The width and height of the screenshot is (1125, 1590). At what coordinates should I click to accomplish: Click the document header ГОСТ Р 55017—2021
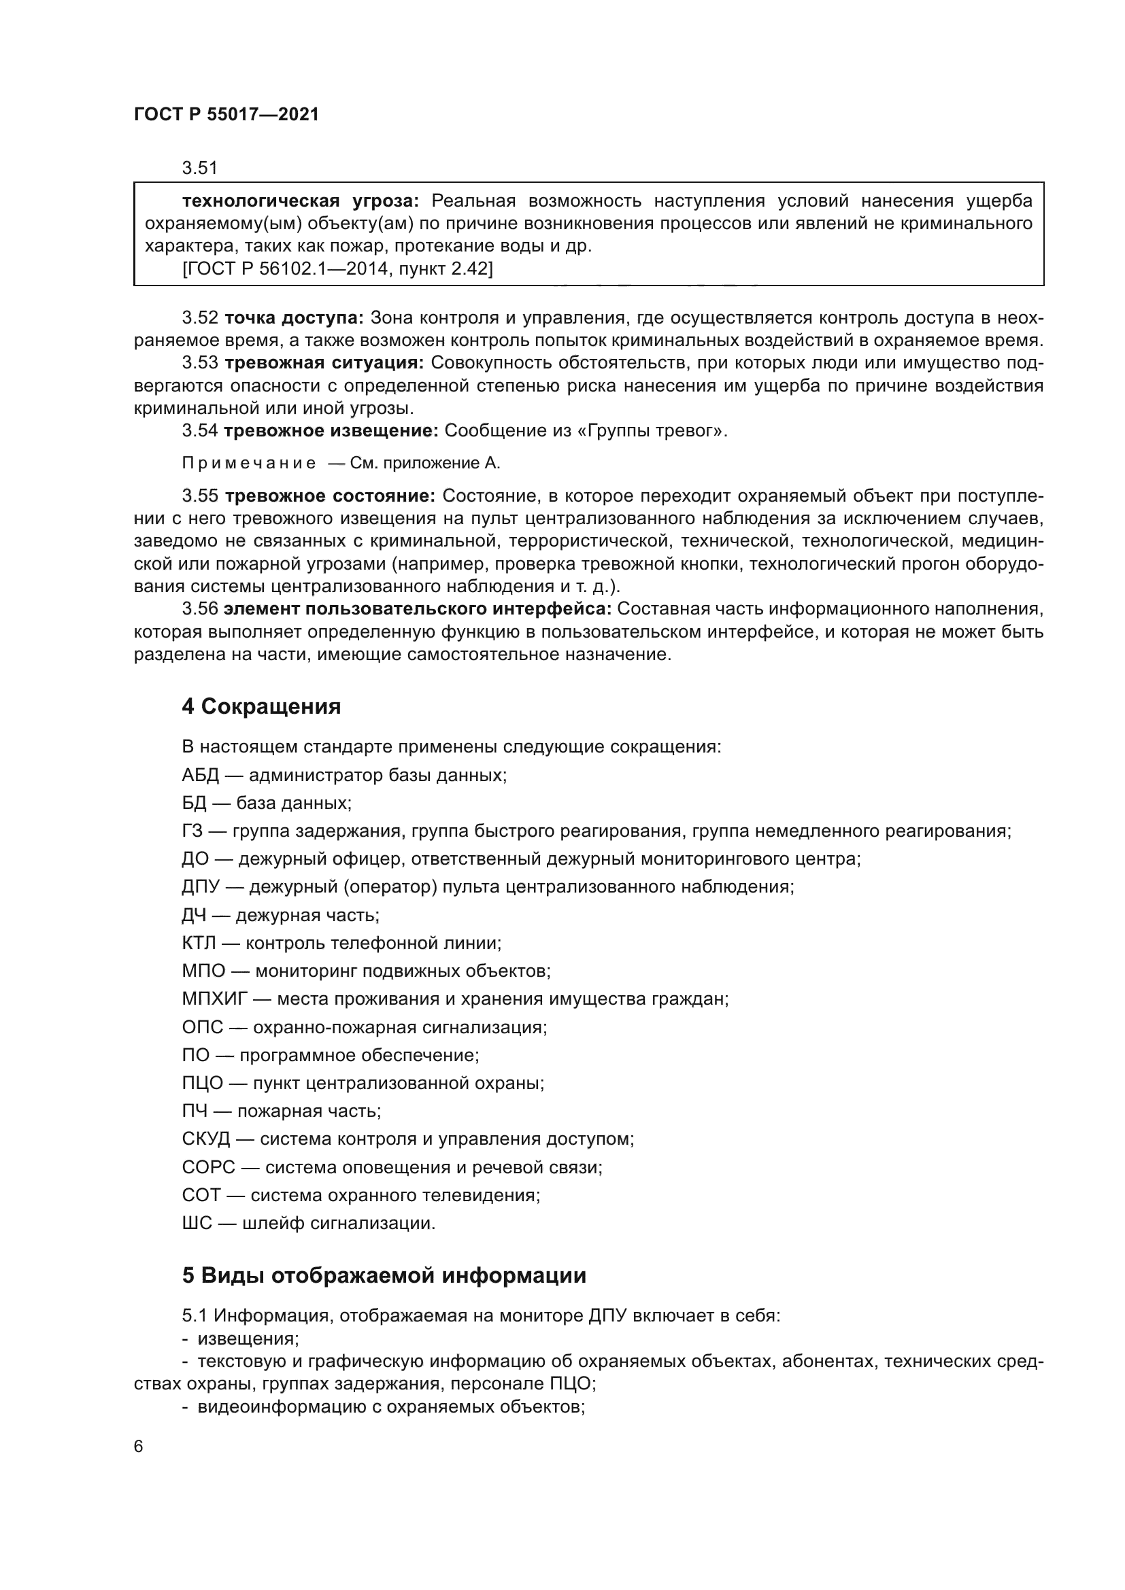tap(226, 115)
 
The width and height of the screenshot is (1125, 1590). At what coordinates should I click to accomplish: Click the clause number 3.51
tap(199, 168)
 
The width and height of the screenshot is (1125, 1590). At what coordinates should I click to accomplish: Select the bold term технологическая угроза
tap(300, 201)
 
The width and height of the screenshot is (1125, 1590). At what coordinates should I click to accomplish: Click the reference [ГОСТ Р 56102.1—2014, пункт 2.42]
tap(337, 269)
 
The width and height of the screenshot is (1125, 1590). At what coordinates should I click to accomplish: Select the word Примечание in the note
tap(249, 464)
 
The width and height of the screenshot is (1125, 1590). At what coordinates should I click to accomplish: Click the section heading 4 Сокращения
tap(261, 706)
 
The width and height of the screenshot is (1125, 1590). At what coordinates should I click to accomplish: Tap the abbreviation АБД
tap(200, 775)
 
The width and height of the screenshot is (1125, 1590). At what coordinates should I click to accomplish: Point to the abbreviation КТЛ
tap(199, 942)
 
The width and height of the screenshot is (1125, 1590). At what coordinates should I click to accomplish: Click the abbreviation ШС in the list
tap(197, 1223)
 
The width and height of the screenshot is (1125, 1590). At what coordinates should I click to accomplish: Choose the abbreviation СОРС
tap(209, 1167)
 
